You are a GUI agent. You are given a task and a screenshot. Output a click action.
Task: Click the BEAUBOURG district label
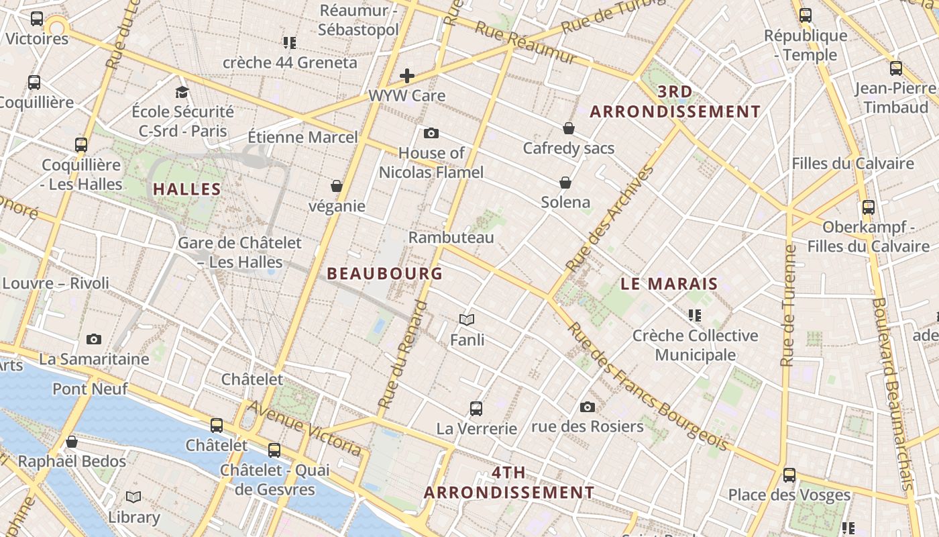coord(384,273)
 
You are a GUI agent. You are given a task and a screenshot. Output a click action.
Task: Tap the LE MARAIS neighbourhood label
coord(669,284)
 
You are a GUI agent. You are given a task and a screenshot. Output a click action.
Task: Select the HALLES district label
coord(187,189)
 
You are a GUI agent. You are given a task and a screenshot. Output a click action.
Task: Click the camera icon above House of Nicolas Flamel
coord(431,133)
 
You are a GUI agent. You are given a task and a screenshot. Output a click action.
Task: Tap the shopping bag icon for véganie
coord(337,185)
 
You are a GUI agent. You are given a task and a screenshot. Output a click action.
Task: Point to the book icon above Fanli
coord(467,320)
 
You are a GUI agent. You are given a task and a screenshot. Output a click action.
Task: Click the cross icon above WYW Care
coord(407,76)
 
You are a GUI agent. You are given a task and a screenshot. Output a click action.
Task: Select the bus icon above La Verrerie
coord(476,407)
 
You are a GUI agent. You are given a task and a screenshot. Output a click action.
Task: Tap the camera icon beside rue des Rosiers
coord(588,407)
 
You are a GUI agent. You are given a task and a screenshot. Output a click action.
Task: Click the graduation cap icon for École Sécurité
coord(182,92)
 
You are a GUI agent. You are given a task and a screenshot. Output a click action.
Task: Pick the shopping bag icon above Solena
coord(565,182)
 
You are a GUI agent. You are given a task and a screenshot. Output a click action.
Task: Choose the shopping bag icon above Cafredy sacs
coord(569,128)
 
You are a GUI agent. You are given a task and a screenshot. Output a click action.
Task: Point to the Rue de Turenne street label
coord(789,305)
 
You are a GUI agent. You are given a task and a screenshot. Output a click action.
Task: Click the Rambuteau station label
coord(451,238)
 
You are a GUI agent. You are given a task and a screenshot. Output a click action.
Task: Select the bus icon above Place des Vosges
coord(789,475)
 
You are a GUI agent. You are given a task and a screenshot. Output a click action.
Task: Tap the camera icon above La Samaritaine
coord(94,339)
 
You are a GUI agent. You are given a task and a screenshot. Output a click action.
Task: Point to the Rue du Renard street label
coord(402,355)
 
